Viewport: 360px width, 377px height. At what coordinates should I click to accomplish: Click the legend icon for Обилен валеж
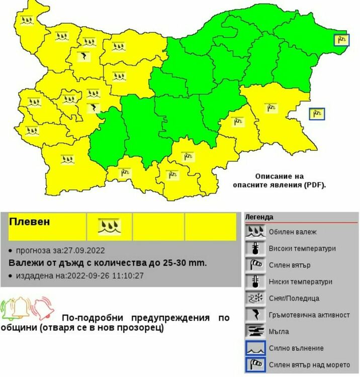pyautogui.click(x=256, y=232)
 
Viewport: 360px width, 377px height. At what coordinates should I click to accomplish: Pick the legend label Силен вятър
pyautogui.click(x=293, y=265)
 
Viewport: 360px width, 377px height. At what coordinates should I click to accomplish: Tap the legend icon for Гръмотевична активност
pyautogui.click(x=256, y=315)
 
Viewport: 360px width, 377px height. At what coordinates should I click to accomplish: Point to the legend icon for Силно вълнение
pyautogui.click(x=256, y=348)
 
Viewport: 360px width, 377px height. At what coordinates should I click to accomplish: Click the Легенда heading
pyautogui.click(x=259, y=217)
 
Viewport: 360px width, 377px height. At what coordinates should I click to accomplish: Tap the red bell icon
pyautogui.click(x=42, y=308)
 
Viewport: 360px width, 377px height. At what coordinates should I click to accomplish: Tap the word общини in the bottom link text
pyautogui.click(x=16, y=328)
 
